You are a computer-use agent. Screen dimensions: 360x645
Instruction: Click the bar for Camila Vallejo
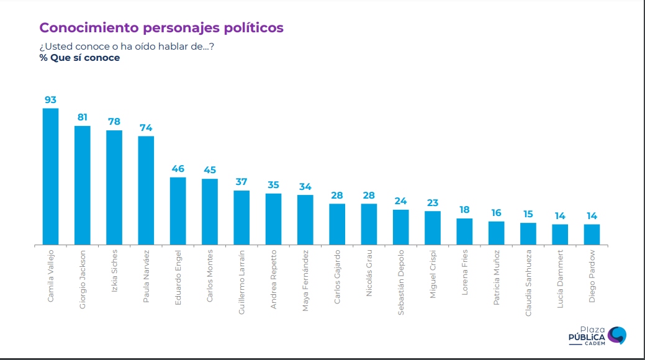[50, 176]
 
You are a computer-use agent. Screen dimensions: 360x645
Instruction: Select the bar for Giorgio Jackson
[83, 185]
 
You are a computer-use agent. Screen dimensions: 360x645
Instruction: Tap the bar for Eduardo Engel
[178, 211]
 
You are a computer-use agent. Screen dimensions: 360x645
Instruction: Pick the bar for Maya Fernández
[305, 220]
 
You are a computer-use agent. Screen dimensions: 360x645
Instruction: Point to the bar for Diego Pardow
[592, 234]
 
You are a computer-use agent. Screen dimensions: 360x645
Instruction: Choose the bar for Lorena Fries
[464, 232]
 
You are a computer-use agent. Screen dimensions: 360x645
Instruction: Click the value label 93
[50, 99]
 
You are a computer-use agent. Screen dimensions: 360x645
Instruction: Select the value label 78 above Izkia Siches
[114, 122]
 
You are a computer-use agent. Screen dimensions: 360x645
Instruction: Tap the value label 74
[146, 127]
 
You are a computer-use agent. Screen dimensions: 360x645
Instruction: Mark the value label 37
[241, 182]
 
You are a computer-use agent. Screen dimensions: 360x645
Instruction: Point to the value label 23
[433, 202]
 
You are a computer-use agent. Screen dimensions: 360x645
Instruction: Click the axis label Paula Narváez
[147, 276]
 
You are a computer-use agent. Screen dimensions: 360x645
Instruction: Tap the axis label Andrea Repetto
[274, 279]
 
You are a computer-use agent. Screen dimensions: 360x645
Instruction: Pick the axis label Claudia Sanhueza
[528, 282]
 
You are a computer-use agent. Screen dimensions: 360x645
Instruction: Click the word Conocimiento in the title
[88, 28]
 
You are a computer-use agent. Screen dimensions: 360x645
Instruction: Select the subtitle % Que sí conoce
[79, 58]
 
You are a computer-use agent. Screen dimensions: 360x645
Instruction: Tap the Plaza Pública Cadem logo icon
[616, 335]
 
